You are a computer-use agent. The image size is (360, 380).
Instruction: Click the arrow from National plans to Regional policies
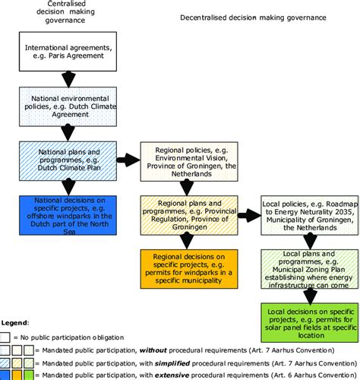tap(128, 160)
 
